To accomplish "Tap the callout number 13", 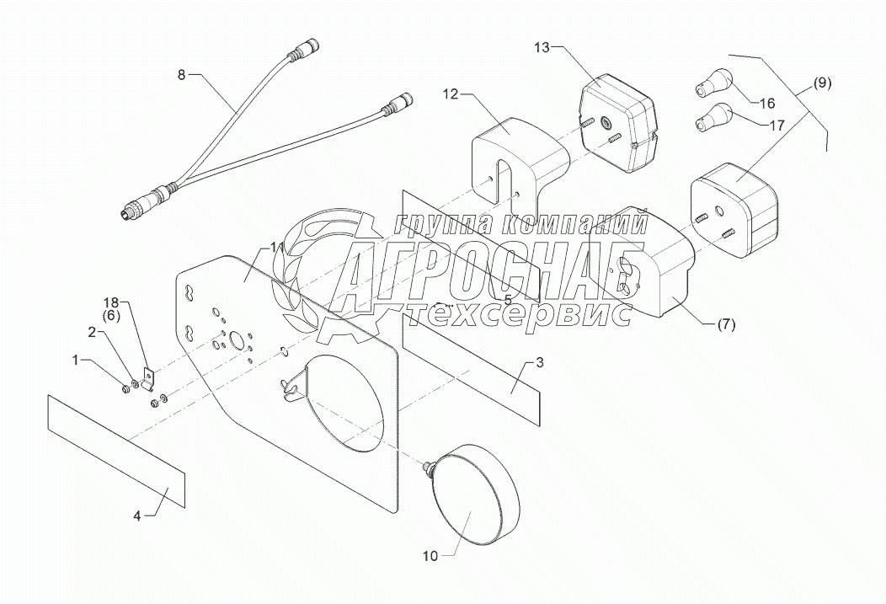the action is tap(541, 47).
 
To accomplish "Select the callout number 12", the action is tap(451, 95).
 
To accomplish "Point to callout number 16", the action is tap(767, 104).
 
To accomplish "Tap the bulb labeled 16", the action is tap(712, 83).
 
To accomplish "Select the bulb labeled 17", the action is tap(714, 117).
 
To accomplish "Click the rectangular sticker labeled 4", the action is tap(116, 450).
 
